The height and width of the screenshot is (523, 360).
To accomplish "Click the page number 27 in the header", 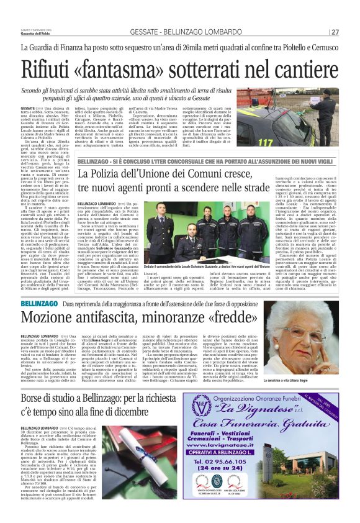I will click(x=335, y=32).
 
